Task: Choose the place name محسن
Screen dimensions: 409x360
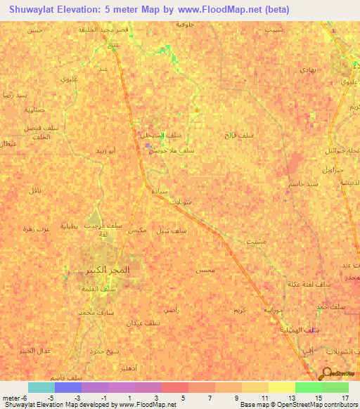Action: [x=204, y=269]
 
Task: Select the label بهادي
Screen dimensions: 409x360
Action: [x=309, y=70]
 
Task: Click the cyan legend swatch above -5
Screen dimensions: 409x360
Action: [x=41, y=387]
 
